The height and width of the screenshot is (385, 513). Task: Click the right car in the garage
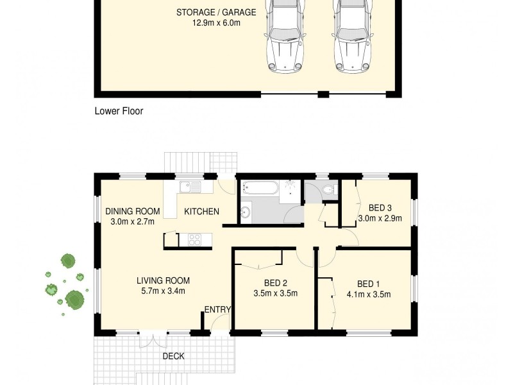[x=352, y=38]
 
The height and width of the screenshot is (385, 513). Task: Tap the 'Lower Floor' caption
[x=119, y=111]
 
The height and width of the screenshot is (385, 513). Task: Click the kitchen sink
[x=190, y=187]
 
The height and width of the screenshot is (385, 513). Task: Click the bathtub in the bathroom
[x=260, y=188]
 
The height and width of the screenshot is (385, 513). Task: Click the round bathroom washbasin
[x=246, y=212]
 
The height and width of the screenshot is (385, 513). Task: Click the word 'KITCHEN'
[x=201, y=212]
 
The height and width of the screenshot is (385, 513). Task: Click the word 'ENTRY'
[x=217, y=310]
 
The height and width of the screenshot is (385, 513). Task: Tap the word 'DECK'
[x=173, y=356]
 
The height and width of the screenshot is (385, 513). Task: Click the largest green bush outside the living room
[x=75, y=299]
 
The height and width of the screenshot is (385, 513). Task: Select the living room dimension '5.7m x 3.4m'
[x=163, y=291]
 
